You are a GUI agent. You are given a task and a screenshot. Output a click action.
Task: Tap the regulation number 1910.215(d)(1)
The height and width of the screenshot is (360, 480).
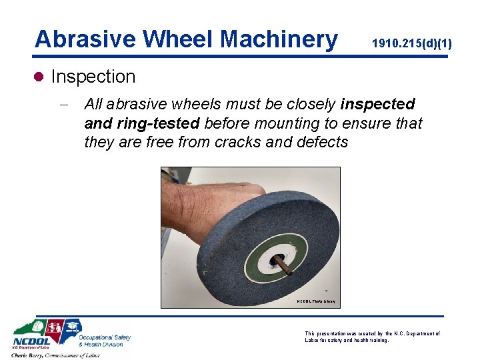(412, 44)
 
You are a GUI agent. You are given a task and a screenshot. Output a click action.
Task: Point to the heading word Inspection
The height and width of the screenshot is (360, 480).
(93, 77)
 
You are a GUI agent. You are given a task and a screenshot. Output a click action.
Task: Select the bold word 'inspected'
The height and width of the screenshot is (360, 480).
(377, 105)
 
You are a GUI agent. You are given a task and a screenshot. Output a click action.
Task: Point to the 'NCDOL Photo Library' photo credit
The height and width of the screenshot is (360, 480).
(317, 302)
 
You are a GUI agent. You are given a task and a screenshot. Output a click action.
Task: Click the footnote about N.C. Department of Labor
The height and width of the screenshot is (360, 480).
(372, 337)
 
